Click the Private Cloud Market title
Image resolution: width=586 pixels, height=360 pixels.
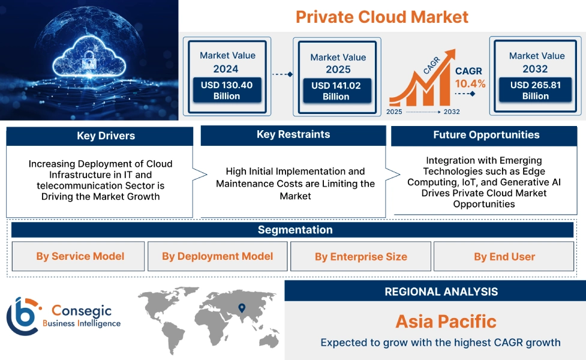(382, 16)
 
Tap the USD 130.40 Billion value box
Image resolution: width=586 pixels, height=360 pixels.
(227, 91)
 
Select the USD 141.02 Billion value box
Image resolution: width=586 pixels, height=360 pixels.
(336, 91)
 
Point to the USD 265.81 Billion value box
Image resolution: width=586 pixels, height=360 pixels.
(536, 91)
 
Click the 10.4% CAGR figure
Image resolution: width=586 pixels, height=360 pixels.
(470, 83)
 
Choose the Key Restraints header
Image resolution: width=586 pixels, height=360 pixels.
(293, 135)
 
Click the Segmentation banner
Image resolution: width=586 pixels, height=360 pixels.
(295, 230)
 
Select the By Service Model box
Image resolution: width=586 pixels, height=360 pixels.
(80, 256)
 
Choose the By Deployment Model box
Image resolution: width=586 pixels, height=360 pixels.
(217, 256)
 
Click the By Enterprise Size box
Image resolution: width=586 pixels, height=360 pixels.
(360, 257)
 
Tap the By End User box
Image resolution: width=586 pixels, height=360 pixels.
(504, 257)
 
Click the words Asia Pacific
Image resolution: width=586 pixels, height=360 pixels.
(446, 322)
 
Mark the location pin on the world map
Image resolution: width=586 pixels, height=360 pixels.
(242, 308)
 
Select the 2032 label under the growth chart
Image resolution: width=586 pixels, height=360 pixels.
(451, 112)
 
